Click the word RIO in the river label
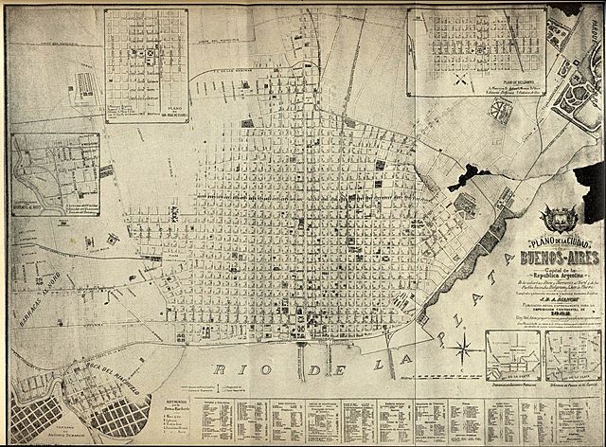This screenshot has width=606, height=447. (x=233, y=369)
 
